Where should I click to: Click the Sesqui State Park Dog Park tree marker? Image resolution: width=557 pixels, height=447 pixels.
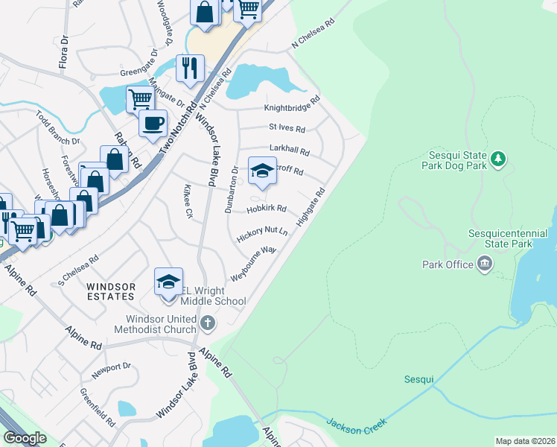pos(498,158)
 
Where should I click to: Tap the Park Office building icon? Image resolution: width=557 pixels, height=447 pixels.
pos(484,264)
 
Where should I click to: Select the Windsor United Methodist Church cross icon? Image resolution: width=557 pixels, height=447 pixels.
pos(208,323)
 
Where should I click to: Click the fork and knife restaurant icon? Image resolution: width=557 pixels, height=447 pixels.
pos(189,68)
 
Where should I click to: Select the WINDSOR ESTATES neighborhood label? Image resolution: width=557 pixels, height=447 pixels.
pos(111,291)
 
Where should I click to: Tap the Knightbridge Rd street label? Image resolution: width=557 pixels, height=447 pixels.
pos(291,107)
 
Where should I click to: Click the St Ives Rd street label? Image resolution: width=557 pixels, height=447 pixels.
pos(287,127)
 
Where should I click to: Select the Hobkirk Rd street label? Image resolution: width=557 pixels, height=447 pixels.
pos(266,209)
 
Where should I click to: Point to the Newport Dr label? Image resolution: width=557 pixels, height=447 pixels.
pos(111,367)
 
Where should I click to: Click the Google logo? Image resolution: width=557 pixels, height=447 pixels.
pos(25,438)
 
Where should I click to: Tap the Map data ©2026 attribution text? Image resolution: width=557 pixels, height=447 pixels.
pos(525,441)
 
